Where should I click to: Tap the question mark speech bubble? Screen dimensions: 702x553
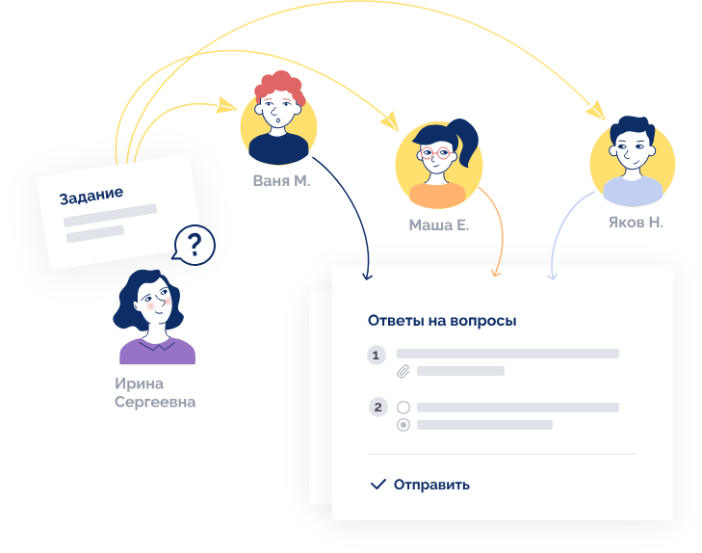194,246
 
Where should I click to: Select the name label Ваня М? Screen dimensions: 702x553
281,180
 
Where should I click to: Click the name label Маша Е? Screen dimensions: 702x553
438,225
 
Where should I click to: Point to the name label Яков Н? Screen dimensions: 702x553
636,222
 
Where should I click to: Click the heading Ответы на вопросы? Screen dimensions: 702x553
442,321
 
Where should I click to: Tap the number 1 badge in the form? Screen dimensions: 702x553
377,355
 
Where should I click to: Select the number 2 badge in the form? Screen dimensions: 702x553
377,407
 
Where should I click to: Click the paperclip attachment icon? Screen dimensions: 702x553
403,371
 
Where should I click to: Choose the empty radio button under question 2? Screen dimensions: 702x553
403,408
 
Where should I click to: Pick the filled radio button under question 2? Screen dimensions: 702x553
403,425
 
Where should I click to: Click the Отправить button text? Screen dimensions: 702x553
431,485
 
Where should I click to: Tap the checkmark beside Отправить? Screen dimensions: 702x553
378,484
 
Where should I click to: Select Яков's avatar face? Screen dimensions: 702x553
631,151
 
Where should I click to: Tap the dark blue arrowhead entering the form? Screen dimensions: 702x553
366,276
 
